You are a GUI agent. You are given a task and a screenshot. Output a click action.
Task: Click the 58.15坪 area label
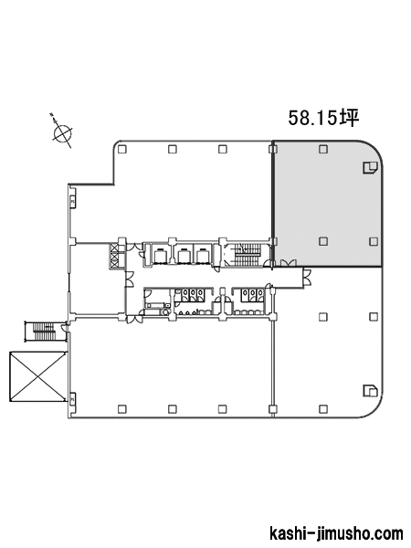(x=323, y=118)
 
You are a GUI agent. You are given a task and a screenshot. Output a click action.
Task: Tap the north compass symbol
(x=62, y=131)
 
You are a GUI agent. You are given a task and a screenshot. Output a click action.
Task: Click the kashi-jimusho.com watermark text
(x=336, y=533)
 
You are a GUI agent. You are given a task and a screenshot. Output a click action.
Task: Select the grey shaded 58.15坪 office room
(x=328, y=204)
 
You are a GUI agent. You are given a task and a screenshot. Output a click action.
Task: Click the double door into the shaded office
(x=289, y=263)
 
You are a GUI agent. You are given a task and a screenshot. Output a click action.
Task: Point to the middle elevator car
(x=184, y=255)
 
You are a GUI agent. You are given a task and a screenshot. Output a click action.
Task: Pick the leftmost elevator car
(x=160, y=255)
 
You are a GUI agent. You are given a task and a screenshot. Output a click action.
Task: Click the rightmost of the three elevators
(x=203, y=255)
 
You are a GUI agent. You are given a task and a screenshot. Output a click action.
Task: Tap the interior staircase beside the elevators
(x=248, y=255)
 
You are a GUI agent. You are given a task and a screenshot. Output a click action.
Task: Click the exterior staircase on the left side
(x=44, y=331)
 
